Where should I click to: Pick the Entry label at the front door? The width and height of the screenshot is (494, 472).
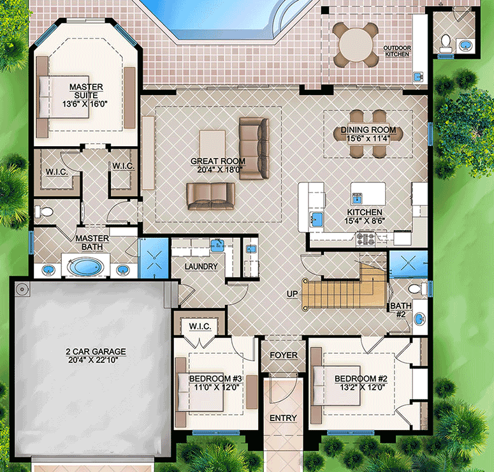click(x=282, y=418)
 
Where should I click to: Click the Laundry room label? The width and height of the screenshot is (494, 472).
click(x=201, y=267)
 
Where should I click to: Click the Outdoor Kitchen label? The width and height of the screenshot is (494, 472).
click(x=400, y=52)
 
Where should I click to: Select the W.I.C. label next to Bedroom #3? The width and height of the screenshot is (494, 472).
click(x=200, y=327)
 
